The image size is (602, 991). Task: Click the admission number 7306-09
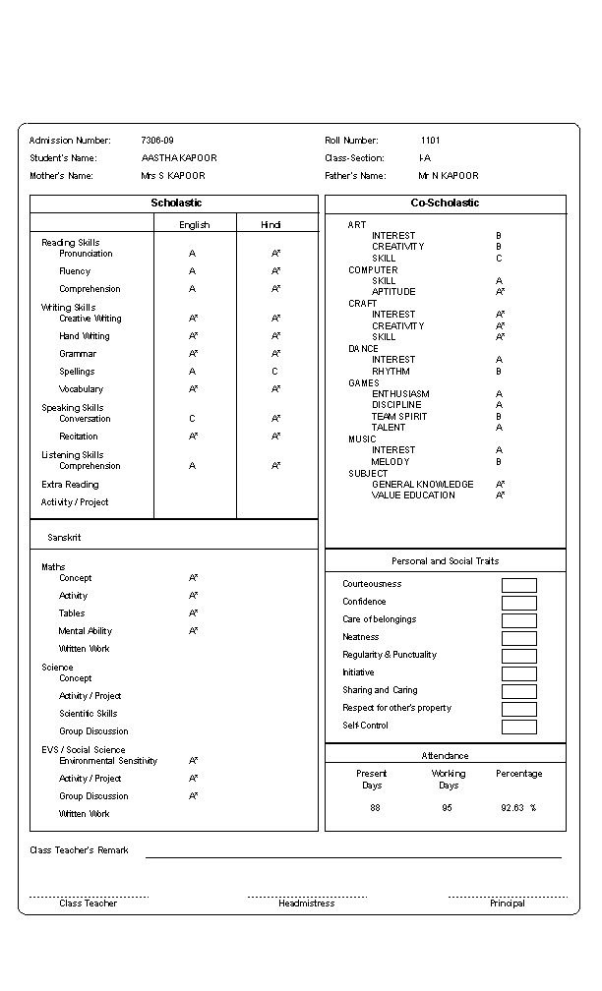(x=157, y=141)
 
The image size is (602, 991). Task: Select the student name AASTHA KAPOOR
(x=179, y=158)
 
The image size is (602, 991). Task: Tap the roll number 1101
(x=431, y=141)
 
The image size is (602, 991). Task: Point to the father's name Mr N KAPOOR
(x=449, y=176)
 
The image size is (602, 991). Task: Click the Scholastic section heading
(x=176, y=203)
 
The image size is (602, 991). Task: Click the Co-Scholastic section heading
(x=445, y=203)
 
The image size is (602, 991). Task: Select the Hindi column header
(x=271, y=225)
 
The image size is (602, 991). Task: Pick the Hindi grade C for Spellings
(x=275, y=372)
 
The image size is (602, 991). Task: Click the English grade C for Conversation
(x=193, y=419)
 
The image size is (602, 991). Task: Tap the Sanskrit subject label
(x=64, y=538)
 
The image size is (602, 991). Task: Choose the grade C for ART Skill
(x=499, y=259)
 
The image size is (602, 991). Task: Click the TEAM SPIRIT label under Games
(x=399, y=416)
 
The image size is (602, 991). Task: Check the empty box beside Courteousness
(x=518, y=585)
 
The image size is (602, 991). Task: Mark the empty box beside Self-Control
(x=518, y=727)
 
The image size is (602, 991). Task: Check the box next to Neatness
(x=518, y=638)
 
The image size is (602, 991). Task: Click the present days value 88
(x=375, y=808)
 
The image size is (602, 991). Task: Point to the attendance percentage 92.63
(x=515, y=808)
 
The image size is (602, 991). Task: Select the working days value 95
(x=448, y=808)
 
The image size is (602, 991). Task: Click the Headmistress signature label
(x=306, y=904)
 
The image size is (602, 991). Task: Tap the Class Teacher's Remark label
(x=79, y=850)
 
